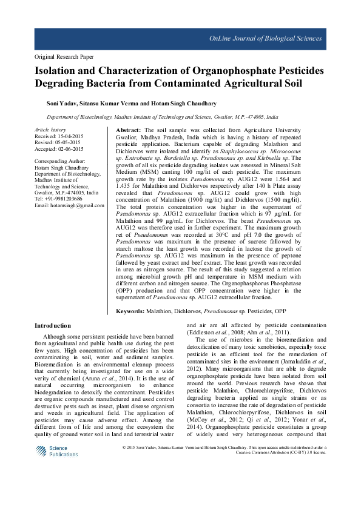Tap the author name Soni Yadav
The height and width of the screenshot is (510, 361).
click(x=66, y=103)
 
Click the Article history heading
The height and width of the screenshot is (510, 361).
click(x=50, y=130)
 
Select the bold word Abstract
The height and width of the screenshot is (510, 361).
click(x=128, y=130)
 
